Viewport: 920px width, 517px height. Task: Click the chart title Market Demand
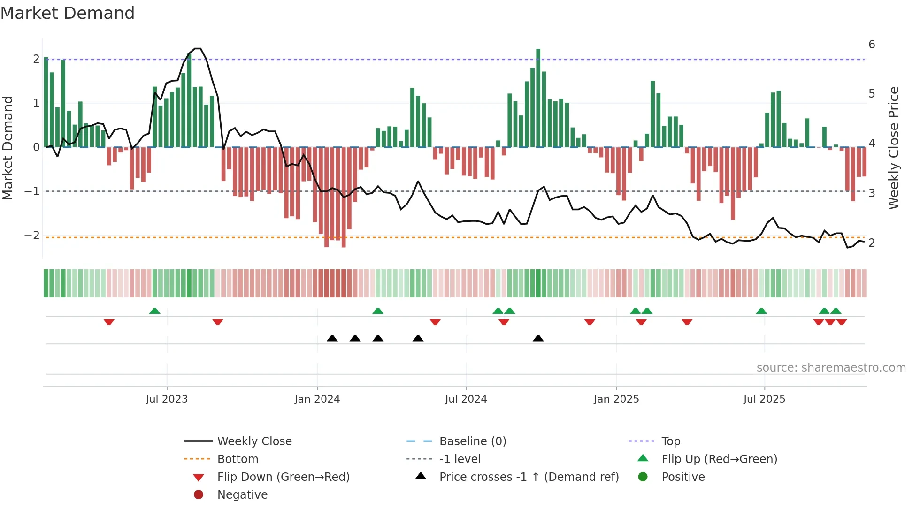(68, 13)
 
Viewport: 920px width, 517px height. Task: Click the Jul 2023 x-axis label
(167, 399)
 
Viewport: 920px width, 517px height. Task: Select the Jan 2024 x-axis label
(317, 399)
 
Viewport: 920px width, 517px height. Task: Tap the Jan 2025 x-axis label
(616, 399)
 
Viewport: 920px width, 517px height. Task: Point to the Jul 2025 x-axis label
(764, 399)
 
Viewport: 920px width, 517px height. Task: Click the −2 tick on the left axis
(32, 235)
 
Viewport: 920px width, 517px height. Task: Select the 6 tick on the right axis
(872, 45)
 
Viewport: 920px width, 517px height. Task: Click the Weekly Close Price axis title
(893, 148)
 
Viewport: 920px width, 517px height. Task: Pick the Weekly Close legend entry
(254, 441)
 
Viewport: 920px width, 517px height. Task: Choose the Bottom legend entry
(238, 459)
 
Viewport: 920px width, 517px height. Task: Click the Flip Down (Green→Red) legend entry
(283, 477)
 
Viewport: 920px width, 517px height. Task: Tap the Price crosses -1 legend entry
(529, 477)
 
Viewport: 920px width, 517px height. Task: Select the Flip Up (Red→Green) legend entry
(719, 459)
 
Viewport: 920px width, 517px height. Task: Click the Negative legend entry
(242, 495)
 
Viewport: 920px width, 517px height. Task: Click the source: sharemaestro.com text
(831, 368)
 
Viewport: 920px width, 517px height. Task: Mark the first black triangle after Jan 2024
(332, 338)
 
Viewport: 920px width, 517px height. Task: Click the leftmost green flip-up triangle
(155, 311)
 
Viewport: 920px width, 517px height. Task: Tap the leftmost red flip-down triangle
(109, 322)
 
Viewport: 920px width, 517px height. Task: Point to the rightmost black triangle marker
(538, 338)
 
